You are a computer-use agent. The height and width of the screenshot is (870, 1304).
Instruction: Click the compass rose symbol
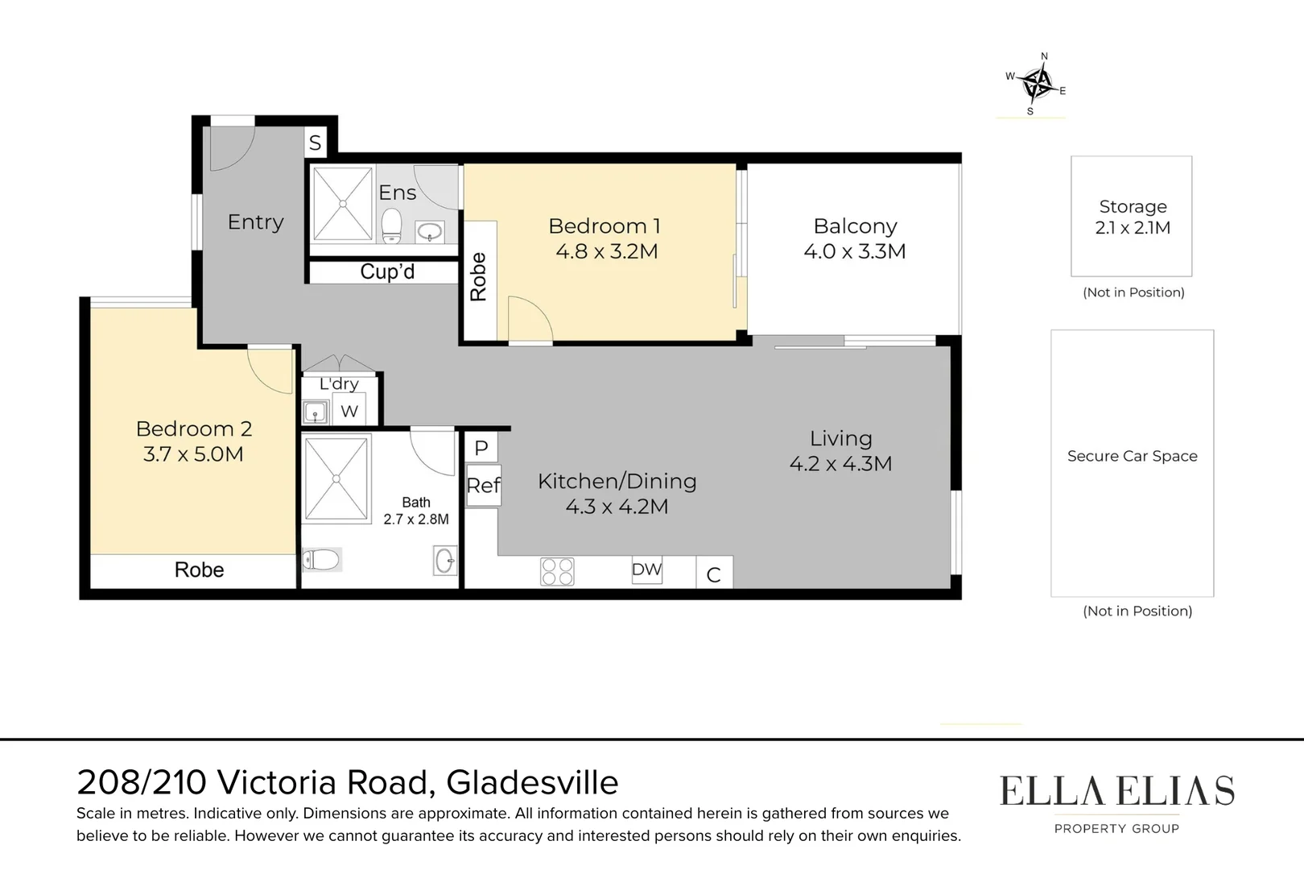point(1038,83)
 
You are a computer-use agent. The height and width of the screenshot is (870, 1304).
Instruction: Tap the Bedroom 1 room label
point(604,226)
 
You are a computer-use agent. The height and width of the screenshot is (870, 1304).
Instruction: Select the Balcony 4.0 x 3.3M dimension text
point(854,251)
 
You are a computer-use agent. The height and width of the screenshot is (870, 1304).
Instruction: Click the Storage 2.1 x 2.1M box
point(1131,217)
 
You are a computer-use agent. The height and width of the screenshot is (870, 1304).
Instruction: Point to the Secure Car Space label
point(1132,456)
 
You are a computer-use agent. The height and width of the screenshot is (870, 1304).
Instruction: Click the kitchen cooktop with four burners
point(557,571)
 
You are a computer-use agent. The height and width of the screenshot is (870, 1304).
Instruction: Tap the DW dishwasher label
point(646,570)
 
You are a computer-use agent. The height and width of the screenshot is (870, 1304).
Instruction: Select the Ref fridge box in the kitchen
point(483,485)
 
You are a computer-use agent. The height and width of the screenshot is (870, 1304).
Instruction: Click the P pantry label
point(481,448)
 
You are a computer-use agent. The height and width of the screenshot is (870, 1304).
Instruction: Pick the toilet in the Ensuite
point(391,226)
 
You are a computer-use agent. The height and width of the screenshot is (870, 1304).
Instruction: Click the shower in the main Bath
point(336,478)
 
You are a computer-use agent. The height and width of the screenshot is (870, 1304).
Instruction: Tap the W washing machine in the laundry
point(349,411)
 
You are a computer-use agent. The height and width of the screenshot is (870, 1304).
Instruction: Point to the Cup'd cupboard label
point(386,272)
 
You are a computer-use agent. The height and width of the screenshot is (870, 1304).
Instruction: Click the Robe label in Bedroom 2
point(199,570)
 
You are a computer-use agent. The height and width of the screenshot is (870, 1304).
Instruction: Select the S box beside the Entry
point(316,143)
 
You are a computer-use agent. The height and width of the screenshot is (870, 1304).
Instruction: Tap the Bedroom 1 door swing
point(530,319)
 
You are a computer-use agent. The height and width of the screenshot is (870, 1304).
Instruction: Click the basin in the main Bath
point(444,560)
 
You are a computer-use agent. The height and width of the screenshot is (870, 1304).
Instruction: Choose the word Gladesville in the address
point(532,782)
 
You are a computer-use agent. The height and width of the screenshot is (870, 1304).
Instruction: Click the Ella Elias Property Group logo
point(1116,802)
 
